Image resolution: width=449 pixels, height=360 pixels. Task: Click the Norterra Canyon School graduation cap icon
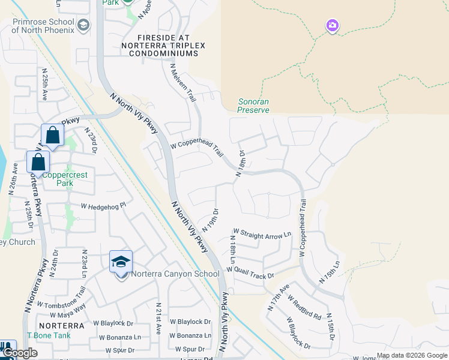(x=121, y=261)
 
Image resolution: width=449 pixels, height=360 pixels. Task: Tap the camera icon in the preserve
(x=332, y=26)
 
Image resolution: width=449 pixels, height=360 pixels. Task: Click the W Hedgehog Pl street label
(x=104, y=205)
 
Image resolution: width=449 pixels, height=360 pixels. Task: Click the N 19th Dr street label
(x=209, y=220)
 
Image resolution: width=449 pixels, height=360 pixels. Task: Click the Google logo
(x=20, y=353)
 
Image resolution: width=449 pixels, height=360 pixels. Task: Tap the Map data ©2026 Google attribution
(x=411, y=355)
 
